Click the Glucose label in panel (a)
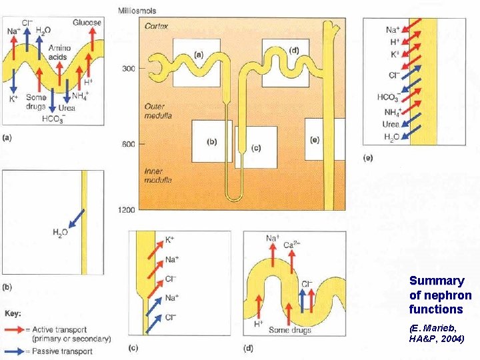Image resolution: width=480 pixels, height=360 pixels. point(87,23)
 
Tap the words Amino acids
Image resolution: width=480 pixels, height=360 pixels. point(60,53)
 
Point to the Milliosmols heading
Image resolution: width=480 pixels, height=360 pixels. point(138,10)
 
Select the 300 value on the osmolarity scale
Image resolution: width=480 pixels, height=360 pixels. point(128,68)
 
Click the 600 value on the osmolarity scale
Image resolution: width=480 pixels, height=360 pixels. point(128,144)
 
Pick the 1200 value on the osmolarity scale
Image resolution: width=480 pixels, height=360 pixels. point(126,210)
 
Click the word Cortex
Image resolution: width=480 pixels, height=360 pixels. point(157,27)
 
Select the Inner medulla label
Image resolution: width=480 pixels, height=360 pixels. point(158,175)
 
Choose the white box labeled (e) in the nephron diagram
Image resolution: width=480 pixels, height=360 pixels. point(315,139)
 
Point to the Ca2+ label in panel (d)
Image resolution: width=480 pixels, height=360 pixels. point(292,245)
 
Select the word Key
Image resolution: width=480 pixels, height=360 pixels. point(12,312)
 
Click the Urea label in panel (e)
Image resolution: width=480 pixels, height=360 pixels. point(391,124)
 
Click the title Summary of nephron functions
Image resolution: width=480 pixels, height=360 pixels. point(440,295)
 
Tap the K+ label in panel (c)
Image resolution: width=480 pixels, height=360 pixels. point(170,239)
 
